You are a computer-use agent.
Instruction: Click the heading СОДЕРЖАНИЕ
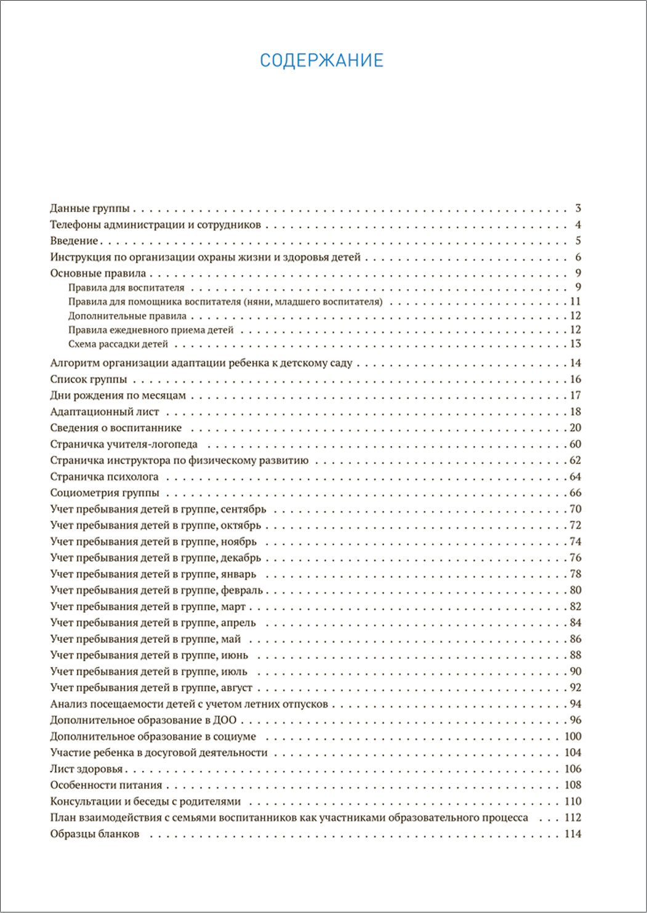[321, 60]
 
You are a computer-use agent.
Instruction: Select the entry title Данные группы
[90, 209]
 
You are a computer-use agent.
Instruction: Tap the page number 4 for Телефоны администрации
[578, 225]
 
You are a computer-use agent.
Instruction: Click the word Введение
[74, 241]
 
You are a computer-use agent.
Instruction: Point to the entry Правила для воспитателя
[126, 288]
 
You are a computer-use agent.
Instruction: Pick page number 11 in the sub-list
[576, 301]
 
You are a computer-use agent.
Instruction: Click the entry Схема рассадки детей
[118, 345]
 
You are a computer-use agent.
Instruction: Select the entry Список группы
[89, 380]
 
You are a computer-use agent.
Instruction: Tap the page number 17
[575, 396]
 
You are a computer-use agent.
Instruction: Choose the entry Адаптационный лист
[105, 412]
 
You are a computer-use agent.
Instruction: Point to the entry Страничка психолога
[104, 477]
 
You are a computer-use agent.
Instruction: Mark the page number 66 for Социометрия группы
[575, 493]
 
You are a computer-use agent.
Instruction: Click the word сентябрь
[243, 509]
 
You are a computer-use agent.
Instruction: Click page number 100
[573, 736]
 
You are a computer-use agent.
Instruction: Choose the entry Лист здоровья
[87, 769]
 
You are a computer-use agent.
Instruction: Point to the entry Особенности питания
[106, 785]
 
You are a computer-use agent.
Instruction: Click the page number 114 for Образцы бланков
[573, 834]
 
